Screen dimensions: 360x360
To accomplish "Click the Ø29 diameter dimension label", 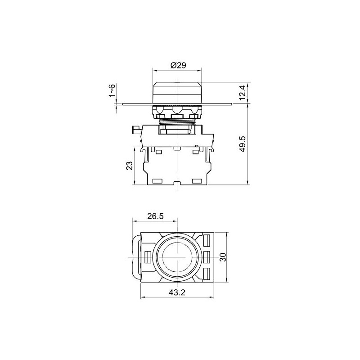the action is click(178, 65).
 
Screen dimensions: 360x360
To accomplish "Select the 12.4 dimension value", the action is click(243, 93).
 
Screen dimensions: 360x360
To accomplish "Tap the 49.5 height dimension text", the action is click(243, 144).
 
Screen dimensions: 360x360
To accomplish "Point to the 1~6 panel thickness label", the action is click(112, 90).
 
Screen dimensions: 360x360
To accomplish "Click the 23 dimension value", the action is click(130, 166).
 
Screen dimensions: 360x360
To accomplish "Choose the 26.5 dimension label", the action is click(156, 216).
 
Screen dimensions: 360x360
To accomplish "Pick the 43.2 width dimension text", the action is click(177, 292).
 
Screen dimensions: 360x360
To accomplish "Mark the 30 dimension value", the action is click(223, 257).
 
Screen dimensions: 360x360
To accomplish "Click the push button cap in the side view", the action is click(177, 93).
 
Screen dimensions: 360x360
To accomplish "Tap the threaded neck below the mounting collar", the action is click(177, 121).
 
